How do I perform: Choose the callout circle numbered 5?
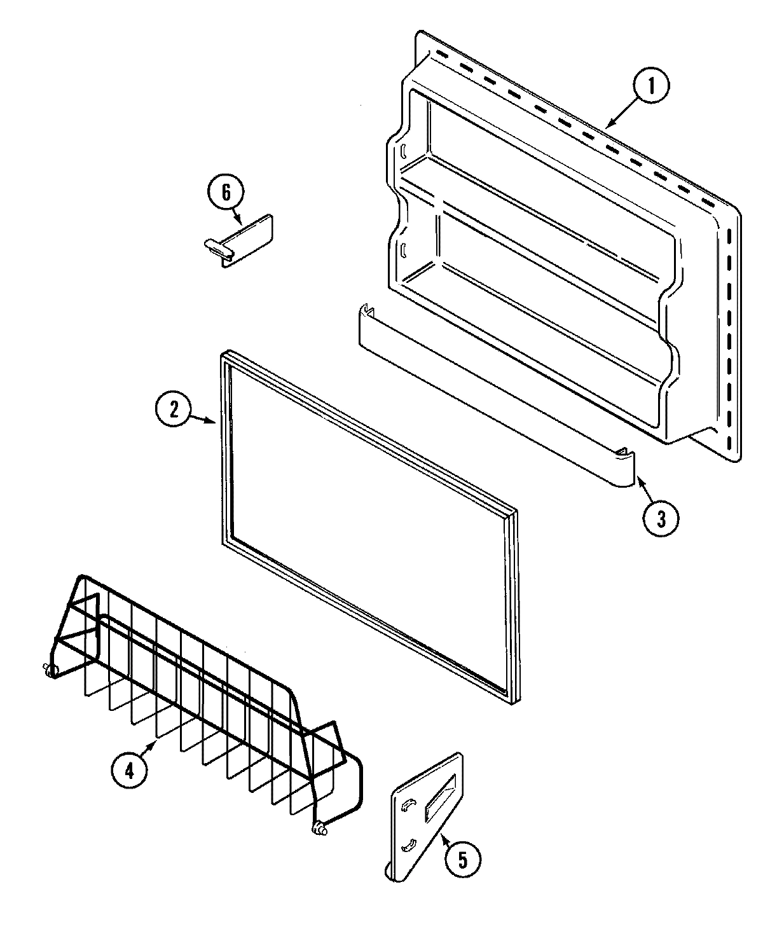click(462, 860)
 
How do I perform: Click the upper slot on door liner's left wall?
click(403, 151)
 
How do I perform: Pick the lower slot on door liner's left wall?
click(403, 249)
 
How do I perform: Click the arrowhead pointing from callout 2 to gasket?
click(217, 420)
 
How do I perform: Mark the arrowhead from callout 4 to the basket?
click(155, 742)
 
